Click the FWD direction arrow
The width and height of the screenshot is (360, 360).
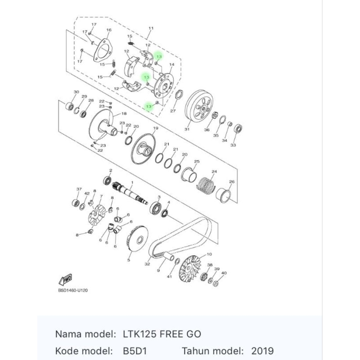point(66,279)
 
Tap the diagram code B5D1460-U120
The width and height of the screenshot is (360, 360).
point(73,290)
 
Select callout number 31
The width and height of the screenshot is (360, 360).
point(187,129)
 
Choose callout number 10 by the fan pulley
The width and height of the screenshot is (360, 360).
point(209,254)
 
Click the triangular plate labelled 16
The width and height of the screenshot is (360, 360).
point(102,51)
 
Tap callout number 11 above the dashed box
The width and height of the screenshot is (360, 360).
point(151,28)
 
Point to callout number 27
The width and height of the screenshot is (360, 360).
point(173,111)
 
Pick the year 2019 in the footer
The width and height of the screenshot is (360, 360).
point(262,351)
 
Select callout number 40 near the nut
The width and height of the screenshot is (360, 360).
point(224,273)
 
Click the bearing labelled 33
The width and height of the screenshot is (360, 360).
point(238,128)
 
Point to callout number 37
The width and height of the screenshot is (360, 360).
point(79,189)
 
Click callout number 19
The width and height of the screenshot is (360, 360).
point(156,128)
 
